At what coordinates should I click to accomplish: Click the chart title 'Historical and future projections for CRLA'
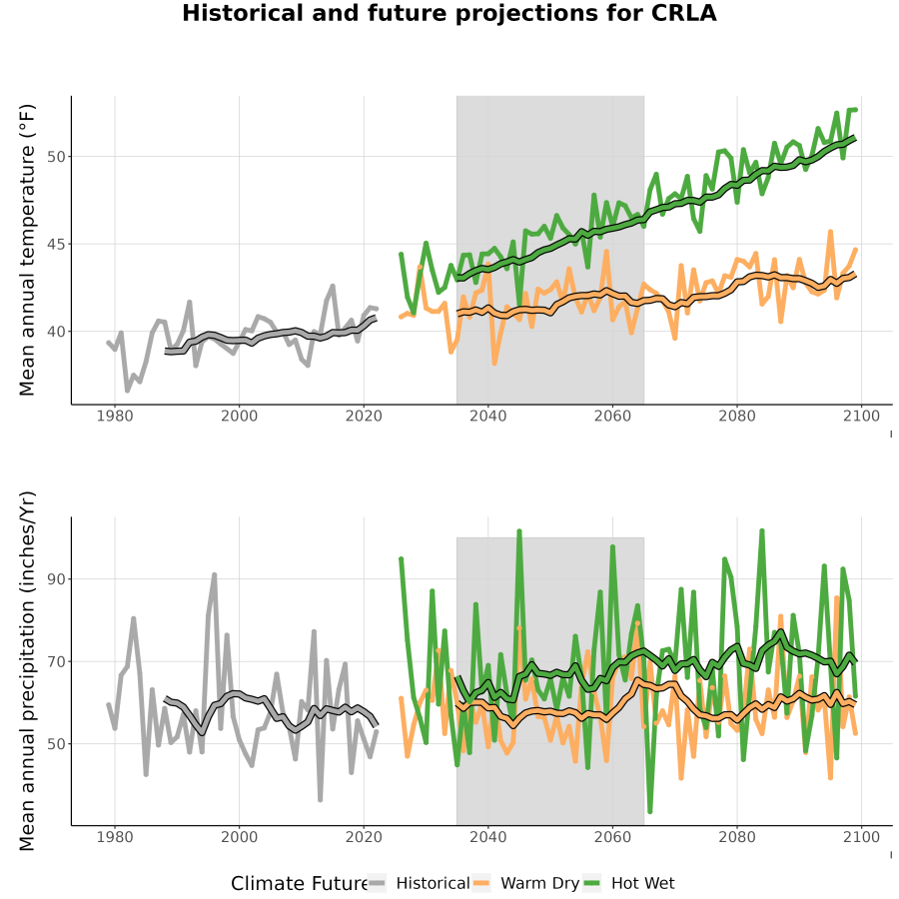click(449, 13)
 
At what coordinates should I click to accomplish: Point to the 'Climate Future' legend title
click(300, 884)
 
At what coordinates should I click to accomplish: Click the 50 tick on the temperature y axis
click(56, 157)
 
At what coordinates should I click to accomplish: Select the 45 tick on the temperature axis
click(56, 245)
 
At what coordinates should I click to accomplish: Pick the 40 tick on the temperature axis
click(56, 332)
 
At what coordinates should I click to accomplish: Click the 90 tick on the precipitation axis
click(56, 579)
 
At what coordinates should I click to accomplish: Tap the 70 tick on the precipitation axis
click(56, 661)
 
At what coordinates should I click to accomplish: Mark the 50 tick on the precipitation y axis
click(56, 743)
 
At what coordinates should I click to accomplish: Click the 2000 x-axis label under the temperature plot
click(239, 416)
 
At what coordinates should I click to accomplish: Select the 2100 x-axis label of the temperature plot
click(861, 416)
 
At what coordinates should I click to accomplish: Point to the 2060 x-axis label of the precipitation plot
click(612, 837)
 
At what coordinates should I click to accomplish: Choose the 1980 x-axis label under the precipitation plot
click(115, 837)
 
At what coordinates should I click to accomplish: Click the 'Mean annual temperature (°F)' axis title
click(27, 250)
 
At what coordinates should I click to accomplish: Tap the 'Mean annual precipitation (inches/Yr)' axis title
click(27, 671)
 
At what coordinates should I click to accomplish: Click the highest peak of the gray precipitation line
click(215, 574)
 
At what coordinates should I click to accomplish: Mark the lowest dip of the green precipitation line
click(649, 811)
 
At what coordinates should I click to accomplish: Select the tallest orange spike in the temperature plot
click(830, 232)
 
